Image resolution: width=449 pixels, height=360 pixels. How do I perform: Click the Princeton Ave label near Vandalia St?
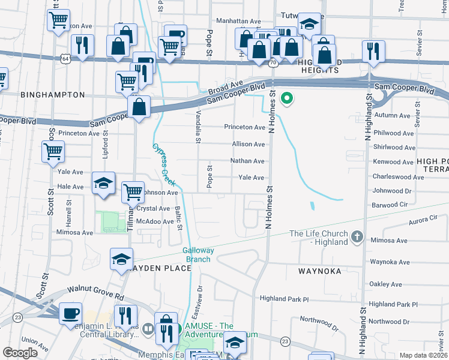point(244,127)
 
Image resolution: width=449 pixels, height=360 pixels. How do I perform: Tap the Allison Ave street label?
point(249,145)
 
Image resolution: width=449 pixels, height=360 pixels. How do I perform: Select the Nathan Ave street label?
point(248,161)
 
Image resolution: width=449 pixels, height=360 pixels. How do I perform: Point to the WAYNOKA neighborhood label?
point(320,271)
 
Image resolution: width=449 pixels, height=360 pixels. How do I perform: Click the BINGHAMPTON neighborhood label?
point(53,95)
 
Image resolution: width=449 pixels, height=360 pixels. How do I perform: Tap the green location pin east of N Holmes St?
point(288,97)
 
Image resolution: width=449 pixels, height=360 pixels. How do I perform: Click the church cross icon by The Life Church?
point(357,236)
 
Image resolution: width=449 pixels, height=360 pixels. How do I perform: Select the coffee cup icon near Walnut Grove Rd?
point(71,313)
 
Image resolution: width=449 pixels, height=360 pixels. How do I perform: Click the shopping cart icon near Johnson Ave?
point(133,193)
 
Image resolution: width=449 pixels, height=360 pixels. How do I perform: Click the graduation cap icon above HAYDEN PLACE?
point(122,260)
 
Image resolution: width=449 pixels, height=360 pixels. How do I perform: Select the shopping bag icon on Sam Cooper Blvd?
point(139,108)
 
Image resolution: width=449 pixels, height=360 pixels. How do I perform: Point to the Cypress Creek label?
point(161,161)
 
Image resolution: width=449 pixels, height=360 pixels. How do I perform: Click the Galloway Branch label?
point(197,255)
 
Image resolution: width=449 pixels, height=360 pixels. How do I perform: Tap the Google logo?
point(20,352)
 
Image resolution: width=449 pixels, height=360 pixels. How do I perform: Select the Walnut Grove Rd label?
point(95,293)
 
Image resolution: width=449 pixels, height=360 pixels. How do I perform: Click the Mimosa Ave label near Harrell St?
point(75,232)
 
